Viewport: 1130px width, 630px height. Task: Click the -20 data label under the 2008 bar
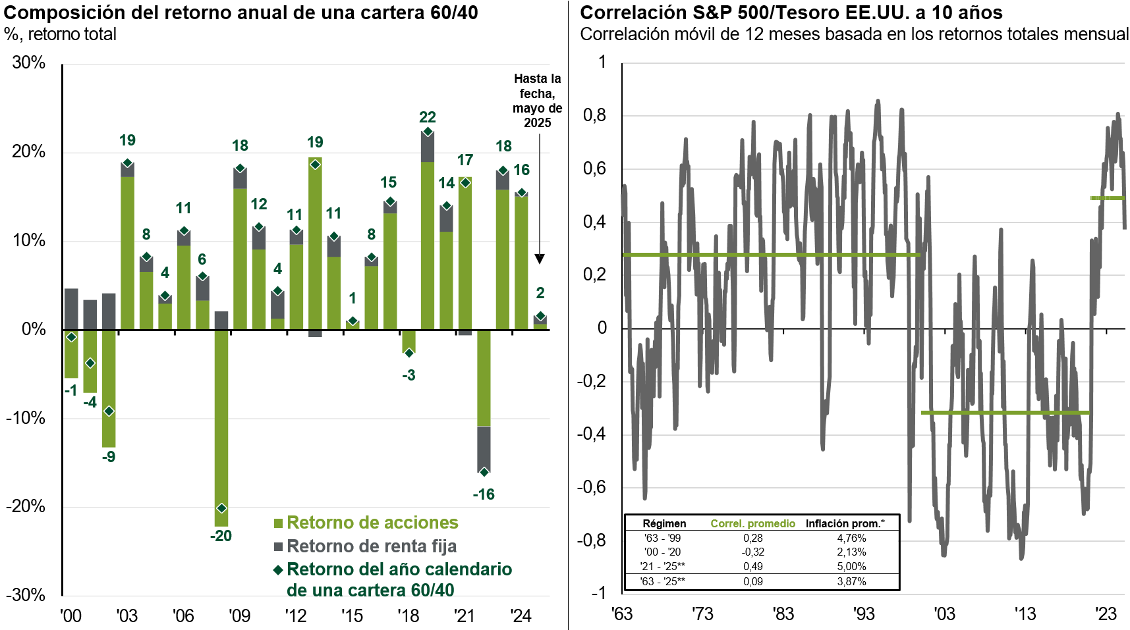click(221, 536)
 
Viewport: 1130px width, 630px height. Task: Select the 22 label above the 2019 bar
click(428, 117)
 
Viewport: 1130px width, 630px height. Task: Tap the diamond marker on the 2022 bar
click(484, 472)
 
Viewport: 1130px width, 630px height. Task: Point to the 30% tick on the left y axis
click(28, 63)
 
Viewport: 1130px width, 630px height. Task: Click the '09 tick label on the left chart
click(239, 616)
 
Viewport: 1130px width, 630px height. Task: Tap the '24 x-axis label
click(521, 616)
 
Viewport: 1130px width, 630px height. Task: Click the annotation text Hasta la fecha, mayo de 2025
click(538, 101)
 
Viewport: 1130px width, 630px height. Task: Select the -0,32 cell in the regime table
click(752, 552)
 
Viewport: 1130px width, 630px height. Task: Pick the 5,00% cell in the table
click(851, 566)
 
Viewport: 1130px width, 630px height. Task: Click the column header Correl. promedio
click(752, 524)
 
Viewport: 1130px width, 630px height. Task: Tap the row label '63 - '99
click(662, 538)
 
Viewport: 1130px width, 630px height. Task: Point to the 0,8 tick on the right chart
click(594, 115)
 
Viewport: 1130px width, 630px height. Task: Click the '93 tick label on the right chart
click(864, 614)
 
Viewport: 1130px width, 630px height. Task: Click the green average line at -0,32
click(1005, 413)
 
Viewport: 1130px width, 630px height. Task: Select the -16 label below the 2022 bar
click(484, 494)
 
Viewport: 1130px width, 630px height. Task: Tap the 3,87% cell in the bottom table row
click(851, 581)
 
